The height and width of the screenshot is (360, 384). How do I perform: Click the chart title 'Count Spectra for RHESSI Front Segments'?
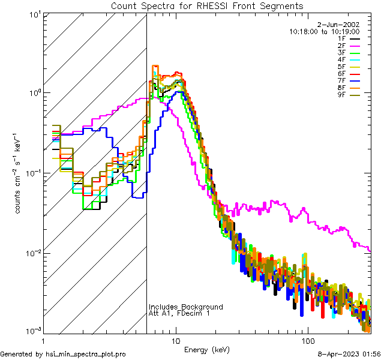coord(207,6)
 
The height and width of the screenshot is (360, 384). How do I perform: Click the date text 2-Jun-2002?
coord(343,25)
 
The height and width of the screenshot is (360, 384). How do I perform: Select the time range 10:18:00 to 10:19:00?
coord(324,31)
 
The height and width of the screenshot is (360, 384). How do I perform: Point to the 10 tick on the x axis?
coord(176,340)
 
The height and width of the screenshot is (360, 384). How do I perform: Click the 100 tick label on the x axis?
coord(307,340)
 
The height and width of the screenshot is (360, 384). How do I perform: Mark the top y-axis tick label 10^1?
coord(34,14)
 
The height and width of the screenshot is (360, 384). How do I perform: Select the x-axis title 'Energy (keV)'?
coord(206,349)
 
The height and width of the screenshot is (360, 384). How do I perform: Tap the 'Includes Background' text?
coord(186,307)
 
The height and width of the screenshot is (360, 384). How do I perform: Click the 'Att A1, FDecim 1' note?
coord(179,314)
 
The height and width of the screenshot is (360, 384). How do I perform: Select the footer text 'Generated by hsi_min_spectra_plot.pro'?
coord(63,354)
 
